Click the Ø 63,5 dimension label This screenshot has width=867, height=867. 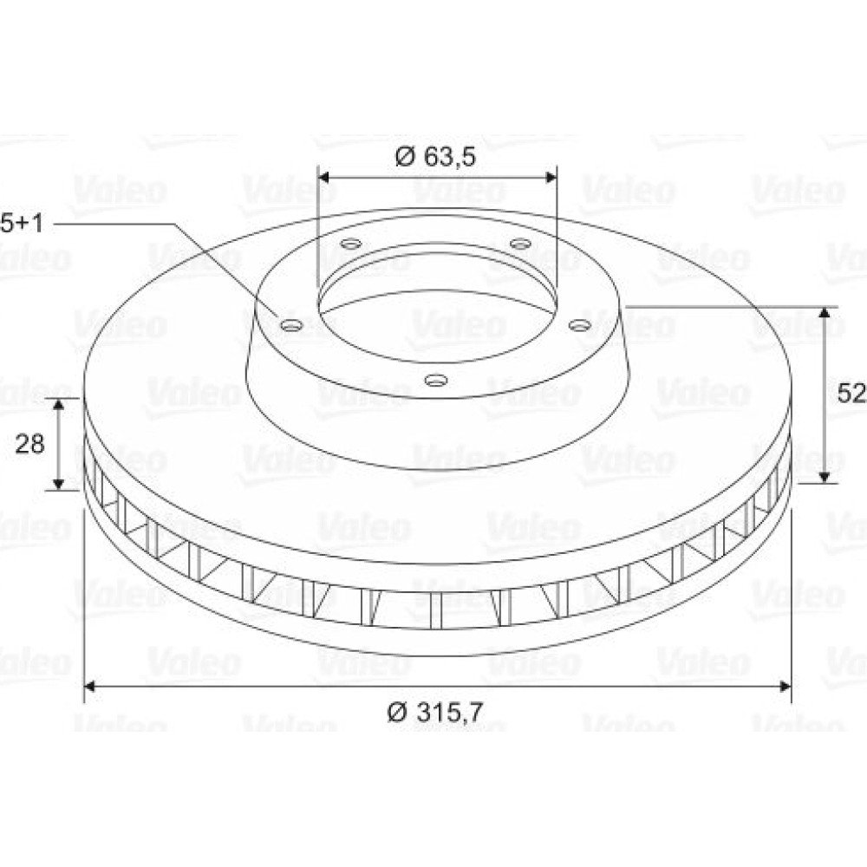pos(435,156)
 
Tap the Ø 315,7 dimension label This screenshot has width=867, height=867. pos(434,713)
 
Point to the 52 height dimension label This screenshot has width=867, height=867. pos(851,394)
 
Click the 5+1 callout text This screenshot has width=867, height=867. pos(21,224)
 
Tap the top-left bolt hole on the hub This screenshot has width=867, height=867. pos(350,243)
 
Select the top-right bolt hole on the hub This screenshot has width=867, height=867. pos(519,243)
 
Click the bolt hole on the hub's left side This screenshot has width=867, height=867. pos(291,326)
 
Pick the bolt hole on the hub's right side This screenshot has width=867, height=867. pos(580,326)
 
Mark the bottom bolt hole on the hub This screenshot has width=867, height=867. pos(436,380)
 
